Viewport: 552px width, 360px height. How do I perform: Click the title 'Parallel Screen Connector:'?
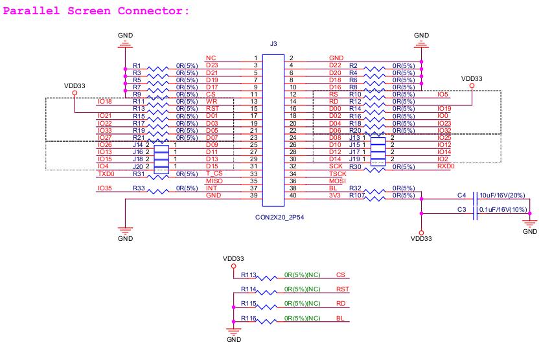click(98, 11)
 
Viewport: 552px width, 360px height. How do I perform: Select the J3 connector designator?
click(273, 44)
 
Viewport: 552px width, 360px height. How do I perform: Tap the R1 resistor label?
click(137, 65)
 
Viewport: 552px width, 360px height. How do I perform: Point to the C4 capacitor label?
click(461, 195)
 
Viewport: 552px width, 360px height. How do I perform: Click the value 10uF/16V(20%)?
click(502, 195)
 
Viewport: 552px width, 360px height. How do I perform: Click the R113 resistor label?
click(249, 275)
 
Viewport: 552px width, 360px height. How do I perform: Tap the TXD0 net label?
click(105, 174)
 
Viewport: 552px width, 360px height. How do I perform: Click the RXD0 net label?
click(445, 166)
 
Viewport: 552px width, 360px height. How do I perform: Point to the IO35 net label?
click(104, 188)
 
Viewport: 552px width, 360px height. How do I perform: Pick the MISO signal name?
click(214, 181)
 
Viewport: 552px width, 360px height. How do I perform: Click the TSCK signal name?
click(338, 174)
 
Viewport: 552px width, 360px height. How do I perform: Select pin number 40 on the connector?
click(292, 195)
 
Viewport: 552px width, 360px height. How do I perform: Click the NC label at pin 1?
click(210, 58)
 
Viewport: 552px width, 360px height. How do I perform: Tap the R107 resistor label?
click(356, 195)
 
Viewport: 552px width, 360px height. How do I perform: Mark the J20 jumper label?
click(137, 166)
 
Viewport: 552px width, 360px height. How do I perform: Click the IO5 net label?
click(443, 94)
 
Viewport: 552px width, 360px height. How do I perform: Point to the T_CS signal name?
click(214, 174)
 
